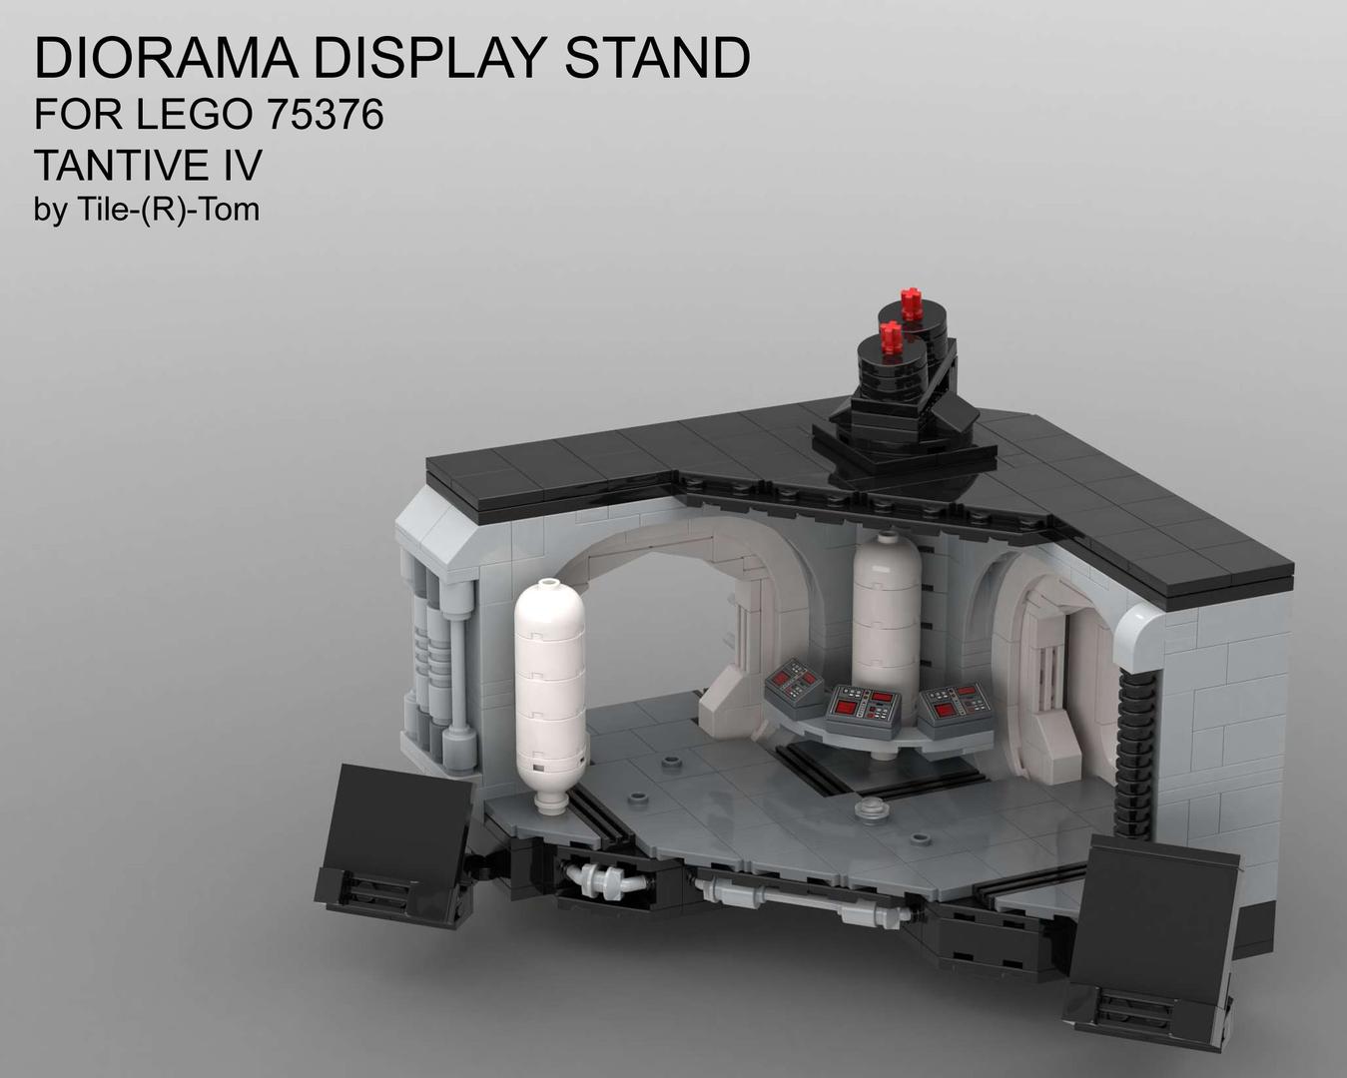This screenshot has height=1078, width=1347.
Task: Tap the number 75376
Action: point(325,115)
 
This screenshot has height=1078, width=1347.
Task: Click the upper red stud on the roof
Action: point(911,303)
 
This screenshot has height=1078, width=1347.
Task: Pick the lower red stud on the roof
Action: point(891,337)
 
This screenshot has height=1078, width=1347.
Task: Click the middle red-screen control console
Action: point(865,706)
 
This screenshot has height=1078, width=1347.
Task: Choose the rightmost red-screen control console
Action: point(956,707)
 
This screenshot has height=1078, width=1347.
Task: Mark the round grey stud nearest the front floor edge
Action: point(872,810)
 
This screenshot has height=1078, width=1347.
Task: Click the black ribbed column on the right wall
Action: point(1137,759)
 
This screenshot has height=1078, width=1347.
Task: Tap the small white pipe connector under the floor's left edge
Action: point(604,879)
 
